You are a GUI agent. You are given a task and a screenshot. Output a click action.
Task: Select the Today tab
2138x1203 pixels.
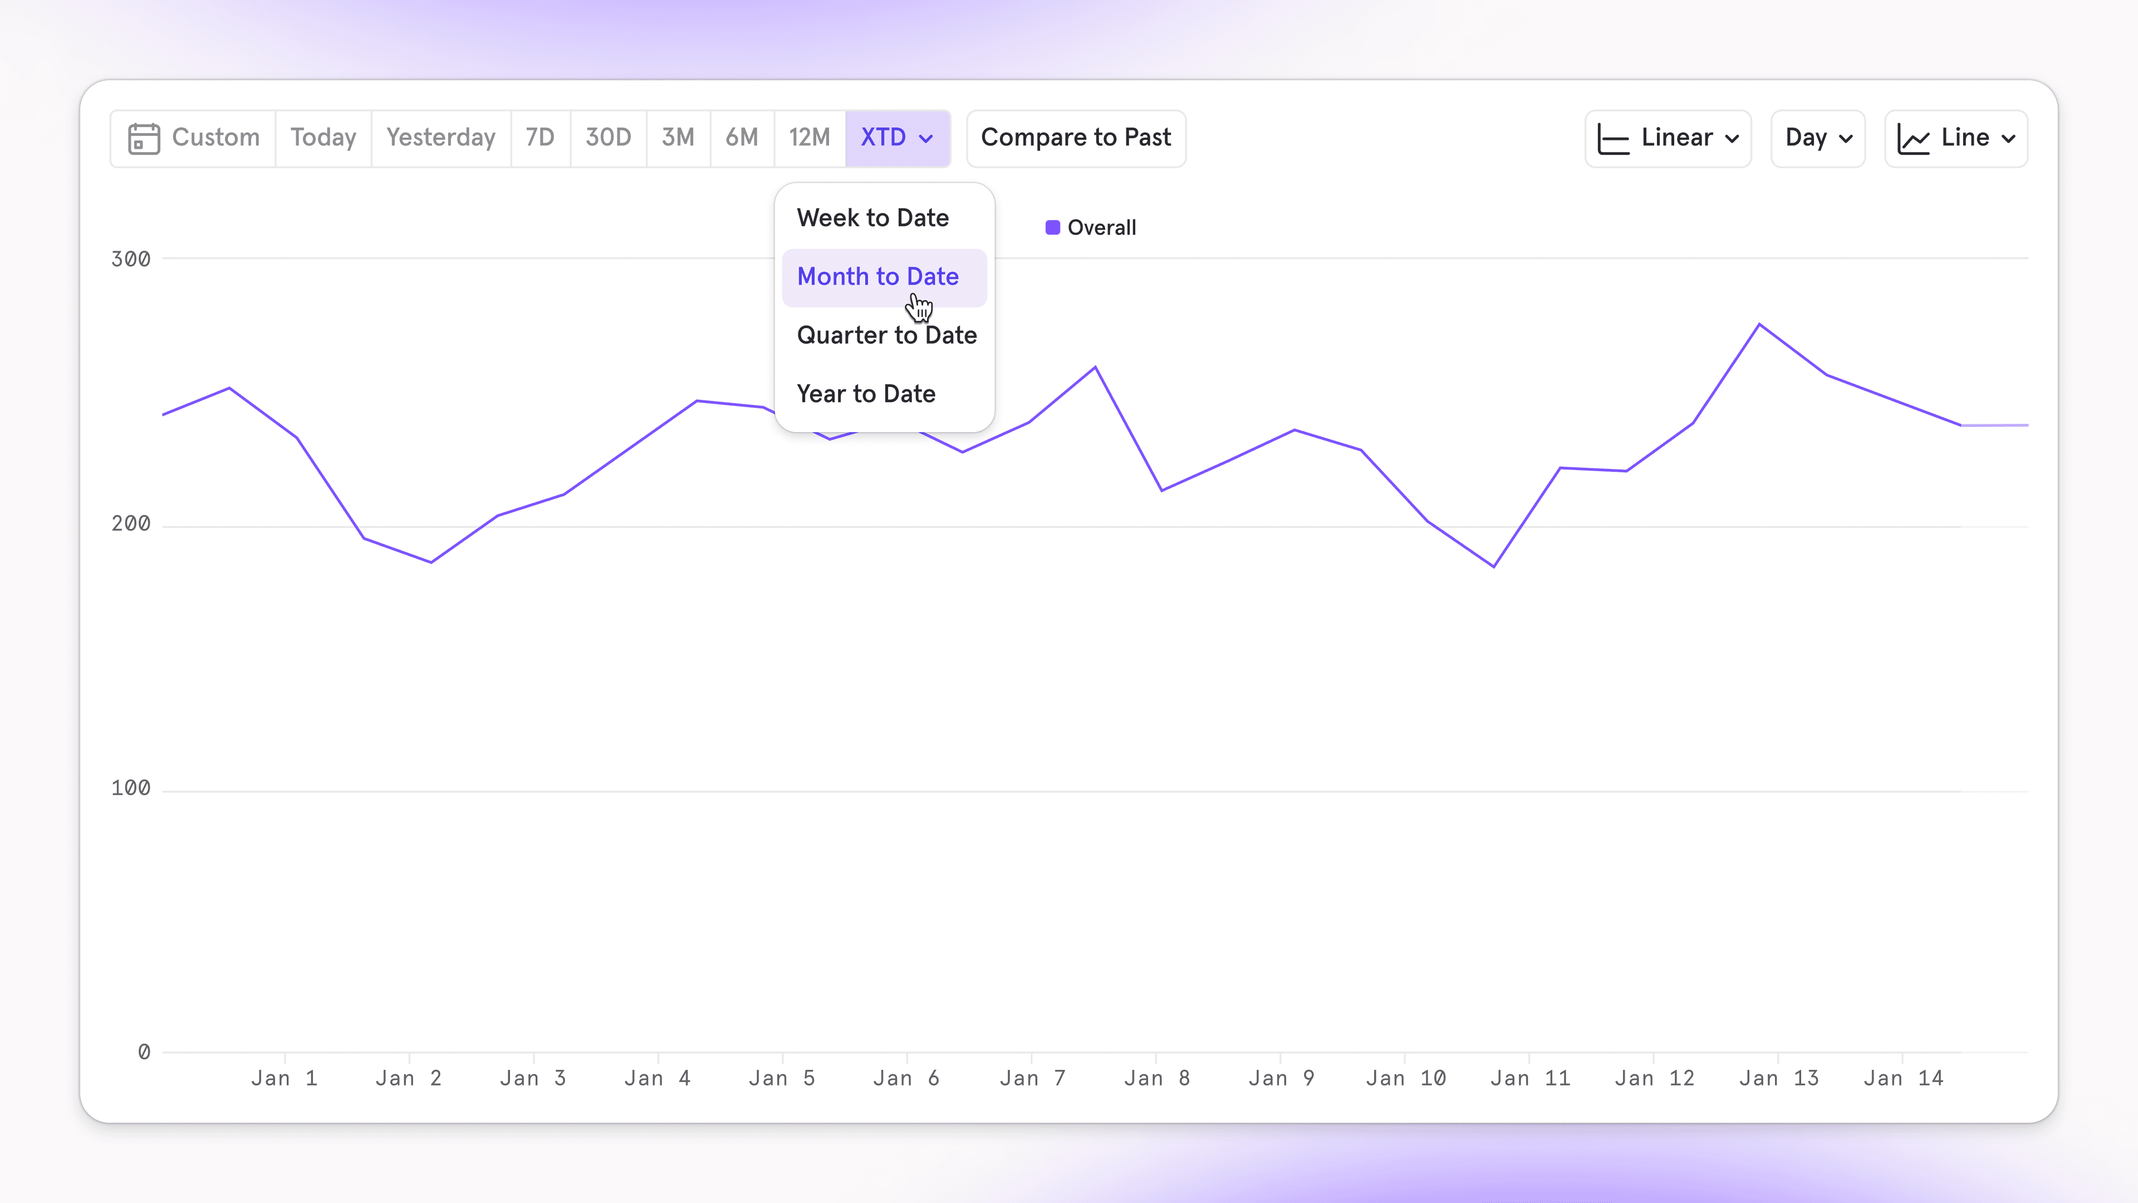tap(323, 138)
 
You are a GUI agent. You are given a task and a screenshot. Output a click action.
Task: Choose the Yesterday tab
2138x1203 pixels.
tap(441, 138)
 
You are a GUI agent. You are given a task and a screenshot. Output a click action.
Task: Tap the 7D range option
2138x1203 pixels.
tap(540, 138)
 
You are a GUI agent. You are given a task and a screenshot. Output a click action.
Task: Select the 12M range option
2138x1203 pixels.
tap(809, 138)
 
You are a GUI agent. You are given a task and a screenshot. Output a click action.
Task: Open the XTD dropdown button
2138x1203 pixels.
tap(897, 138)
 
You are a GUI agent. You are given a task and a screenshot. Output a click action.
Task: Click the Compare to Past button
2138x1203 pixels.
tap(1076, 138)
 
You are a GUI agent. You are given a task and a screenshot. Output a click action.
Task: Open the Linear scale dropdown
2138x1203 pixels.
tap(1668, 138)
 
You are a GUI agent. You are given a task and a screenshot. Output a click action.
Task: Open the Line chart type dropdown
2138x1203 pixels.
tap(1955, 138)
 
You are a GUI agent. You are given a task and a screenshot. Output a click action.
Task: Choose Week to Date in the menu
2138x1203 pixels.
tap(872, 218)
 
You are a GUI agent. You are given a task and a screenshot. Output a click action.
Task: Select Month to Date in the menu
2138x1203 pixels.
tap(878, 276)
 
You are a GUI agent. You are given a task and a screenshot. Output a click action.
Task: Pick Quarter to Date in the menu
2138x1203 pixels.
tap(886, 335)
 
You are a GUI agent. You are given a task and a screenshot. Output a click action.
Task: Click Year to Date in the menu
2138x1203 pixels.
tap(866, 394)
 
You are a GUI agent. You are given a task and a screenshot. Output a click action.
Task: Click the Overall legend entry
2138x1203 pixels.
tap(1091, 227)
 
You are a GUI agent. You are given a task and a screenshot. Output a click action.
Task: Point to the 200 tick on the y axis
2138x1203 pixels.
tap(131, 524)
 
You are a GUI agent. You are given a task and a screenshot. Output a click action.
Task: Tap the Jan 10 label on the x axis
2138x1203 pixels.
tap(1406, 1078)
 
